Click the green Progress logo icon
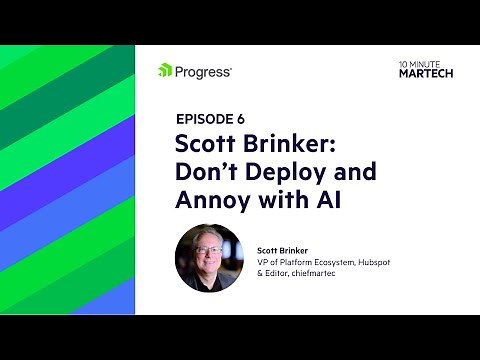(165, 71)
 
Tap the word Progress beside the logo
(203, 71)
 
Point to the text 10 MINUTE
(414, 63)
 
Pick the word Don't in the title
(206, 172)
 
